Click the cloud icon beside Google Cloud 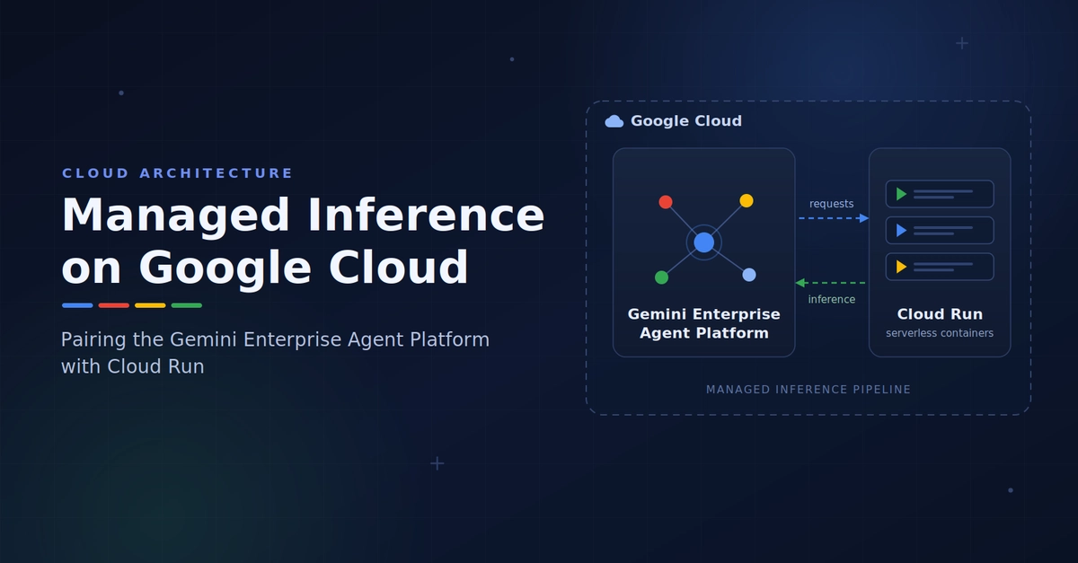(x=614, y=121)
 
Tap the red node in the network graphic (x=666, y=202)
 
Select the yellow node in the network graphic (x=747, y=200)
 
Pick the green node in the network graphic (x=662, y=277)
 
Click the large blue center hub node (x=703, y=242)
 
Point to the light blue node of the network (x=749, y=275)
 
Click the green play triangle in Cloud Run (x=901, y=194)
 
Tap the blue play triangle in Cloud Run (x=901, y=231)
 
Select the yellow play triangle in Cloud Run (x=901, y=267)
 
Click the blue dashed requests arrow (x=834, y=218)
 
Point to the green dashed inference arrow (x=830, y=283)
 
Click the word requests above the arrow (x=832, y=204)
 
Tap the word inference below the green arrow (x=832, y=299)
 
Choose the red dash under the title (x=113, y=305)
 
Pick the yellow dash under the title (x=150, y=305)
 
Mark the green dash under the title (x=187, y=305)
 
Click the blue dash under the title (x=77, y=305)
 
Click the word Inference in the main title (x=426, y=216)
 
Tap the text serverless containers (x=940, y=333)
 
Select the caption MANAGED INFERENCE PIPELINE (x=808, y=390)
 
